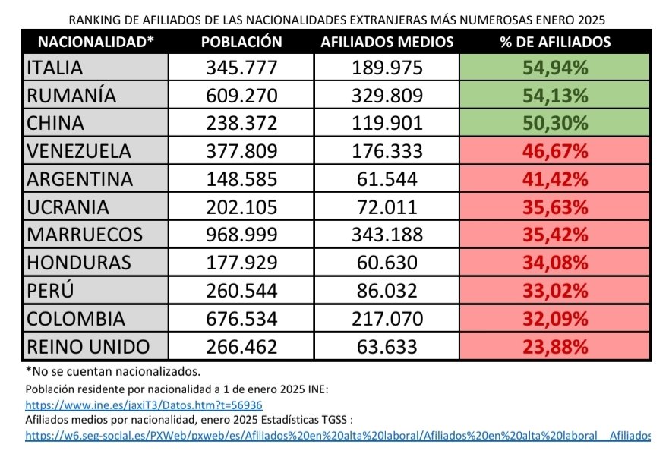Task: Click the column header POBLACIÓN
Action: click(241, 42)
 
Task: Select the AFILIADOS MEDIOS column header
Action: click(387, 42)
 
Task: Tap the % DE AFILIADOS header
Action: click(555, 42)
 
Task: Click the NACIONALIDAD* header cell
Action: click(96, 42)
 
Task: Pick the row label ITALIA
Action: click(55, 68)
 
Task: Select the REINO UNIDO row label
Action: click(88, 347)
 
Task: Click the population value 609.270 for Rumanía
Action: click(241, 96)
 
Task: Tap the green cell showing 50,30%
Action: click(555, 124)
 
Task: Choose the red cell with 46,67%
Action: click(555, 152)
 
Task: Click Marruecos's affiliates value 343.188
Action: click(387, 235)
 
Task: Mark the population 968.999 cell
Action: click(241, 235)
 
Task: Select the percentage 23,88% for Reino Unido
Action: click(555, 347)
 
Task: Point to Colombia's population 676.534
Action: click(241, 319)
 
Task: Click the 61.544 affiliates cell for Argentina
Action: click(387, 180)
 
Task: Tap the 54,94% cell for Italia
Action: click(555, 68)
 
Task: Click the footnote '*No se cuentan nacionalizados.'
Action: click(113, 371)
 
